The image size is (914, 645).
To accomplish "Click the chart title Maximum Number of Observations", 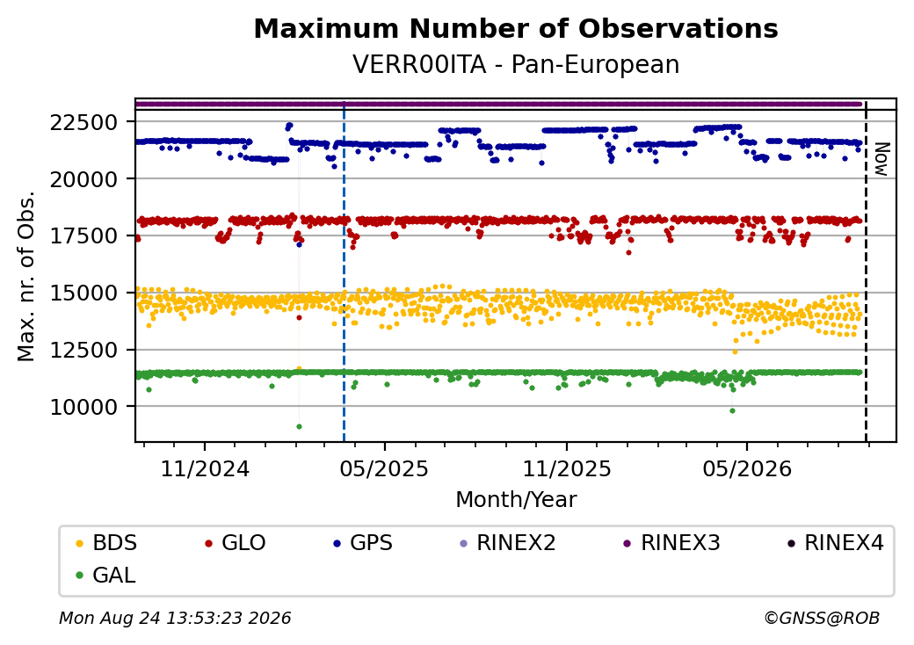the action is (516, 28).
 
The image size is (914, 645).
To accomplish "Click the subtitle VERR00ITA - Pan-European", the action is (516, 65).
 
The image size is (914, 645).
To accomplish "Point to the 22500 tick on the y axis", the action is (84, 123).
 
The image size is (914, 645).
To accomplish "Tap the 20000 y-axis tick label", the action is (84, 179).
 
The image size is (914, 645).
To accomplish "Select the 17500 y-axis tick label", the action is (84, 236).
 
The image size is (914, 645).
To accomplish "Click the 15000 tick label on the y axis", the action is (84, 294).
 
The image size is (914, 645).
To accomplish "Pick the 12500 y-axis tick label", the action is (84, 350).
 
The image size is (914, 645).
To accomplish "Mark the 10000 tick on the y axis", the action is (84, 407).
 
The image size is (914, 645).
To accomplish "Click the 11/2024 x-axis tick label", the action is (205, 469).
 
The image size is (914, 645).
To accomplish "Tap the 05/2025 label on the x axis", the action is (384, 469).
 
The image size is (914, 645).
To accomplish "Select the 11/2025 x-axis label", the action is (567, 469).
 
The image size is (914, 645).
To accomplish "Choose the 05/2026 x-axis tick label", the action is (747, 469).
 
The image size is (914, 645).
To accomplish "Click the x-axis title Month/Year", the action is (516, 500).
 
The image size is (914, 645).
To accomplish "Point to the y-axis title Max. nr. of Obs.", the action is (26, 276).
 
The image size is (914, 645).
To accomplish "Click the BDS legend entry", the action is (106, 543).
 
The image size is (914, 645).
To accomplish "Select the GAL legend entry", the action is (106, 575).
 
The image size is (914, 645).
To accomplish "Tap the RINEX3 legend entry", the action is (672, 543).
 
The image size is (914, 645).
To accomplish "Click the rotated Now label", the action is (882, 159).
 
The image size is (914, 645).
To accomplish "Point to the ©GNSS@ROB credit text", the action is (822, 618).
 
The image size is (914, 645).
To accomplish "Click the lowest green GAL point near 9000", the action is (299, 426).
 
